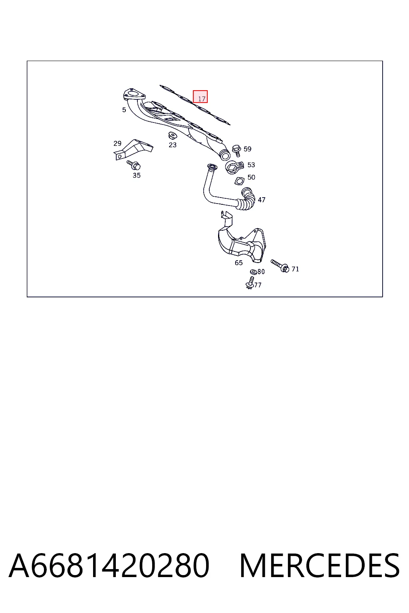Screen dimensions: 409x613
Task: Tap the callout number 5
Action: click(124, 110)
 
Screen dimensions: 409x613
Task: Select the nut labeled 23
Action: click(172, 135)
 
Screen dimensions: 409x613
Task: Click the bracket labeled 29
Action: click(133, 149)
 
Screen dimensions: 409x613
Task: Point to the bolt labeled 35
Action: click(134, 165)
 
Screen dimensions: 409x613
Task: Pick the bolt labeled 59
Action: click(236, 150)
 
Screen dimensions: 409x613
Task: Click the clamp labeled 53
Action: click(234, 167)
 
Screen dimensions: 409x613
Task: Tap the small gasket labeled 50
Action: click(239, 181)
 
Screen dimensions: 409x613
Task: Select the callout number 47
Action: click(262, 200)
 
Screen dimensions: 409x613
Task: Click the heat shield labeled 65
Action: click(241, 241)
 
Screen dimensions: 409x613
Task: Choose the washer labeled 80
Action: click(253, 272)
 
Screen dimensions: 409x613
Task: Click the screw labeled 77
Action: click(250, 283)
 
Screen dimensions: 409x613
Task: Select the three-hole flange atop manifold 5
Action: click(134, 95)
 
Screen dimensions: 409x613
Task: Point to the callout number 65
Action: click(238, 263)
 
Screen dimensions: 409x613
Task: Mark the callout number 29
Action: click(117, 143)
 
